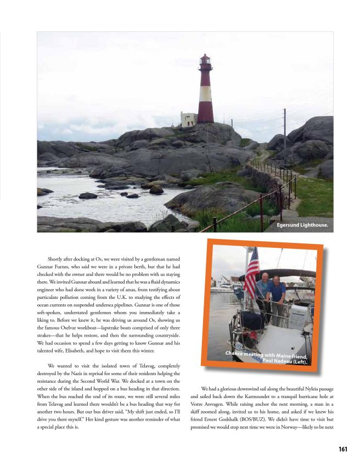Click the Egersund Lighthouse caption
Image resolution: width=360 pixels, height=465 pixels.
(x=302, y=224)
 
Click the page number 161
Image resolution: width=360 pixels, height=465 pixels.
(x=343, y=449)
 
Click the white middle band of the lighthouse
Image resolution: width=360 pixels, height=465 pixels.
(x=205, y=94)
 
